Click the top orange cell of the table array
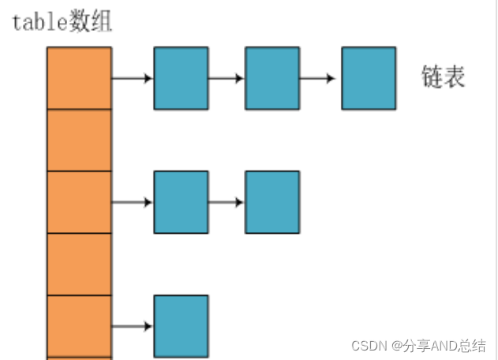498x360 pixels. [x=79, y=78]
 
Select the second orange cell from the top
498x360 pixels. [x=79, y=140]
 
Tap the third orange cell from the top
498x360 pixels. [x=79, y=201]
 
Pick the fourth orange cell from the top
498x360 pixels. [x=79, y=264]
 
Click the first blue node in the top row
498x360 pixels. [x=181, y=78]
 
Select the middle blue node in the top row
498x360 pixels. [x=272, y=78]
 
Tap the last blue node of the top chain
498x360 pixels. [x=369, y=78]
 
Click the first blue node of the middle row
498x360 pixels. [x=181, y=202]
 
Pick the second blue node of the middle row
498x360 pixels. [x=272, y=202]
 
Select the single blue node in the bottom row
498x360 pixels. [x=181, y=326]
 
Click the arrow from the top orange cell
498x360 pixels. [x=132, y=78]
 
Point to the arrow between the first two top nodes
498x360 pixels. [x=227, y=78]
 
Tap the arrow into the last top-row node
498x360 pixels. [x=320, y=78]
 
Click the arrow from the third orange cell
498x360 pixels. [x=132, y=202]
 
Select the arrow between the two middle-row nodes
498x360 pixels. [x=227, y=202]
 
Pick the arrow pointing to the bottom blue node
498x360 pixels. [x=132, y=326]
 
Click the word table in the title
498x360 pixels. [x=37, y=21]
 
